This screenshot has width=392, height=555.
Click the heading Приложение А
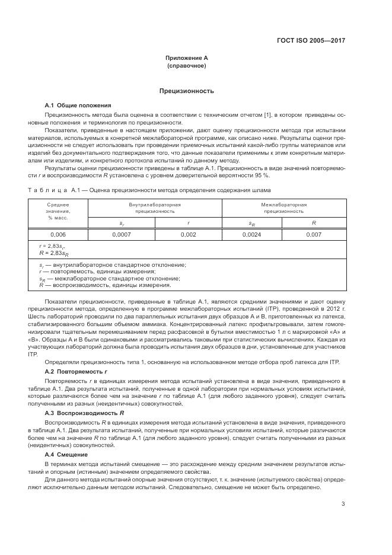coord(186,58)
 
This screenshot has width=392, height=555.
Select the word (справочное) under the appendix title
coord(186,66)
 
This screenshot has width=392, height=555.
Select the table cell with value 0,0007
coord(121,235)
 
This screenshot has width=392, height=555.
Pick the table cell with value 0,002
coord(188,235)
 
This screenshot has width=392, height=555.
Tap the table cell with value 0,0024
coord(255,235)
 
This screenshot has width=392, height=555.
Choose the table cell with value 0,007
coord(314,235)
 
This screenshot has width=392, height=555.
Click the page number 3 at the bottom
coord(343,503)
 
